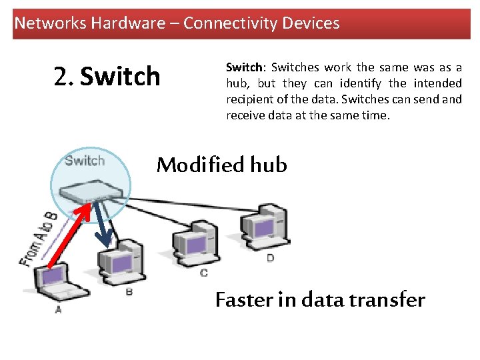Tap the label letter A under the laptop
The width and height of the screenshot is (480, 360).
(x=58, y=309)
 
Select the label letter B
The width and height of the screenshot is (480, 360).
(x=129, y=291)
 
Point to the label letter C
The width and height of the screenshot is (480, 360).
(x=203, y=273)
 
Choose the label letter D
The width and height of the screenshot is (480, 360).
(x=270, y=257)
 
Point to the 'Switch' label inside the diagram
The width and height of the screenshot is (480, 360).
(x=85, y=160)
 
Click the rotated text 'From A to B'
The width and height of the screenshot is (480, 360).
(x=37, y=239)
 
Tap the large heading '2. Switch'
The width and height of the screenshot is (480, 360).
(x=107, y=77)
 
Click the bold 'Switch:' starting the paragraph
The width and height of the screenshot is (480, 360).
(x=245, y=68)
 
